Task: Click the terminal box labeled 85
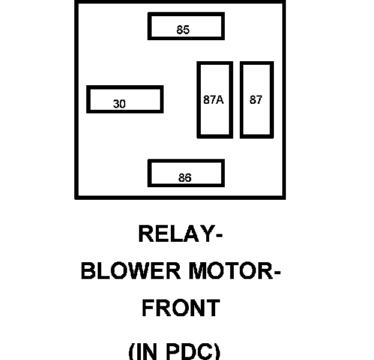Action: (186, 26)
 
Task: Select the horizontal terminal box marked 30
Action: (125, 99)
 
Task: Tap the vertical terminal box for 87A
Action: (215, 100)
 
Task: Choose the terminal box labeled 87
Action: (257, 100)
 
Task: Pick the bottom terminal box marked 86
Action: (186, 173)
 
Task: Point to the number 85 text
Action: (183, 30)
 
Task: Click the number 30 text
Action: (119, 104)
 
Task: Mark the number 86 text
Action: (185, 178)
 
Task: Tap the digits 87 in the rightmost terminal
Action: (256, 100)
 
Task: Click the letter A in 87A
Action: (219, 100)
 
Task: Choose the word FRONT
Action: (180, 308)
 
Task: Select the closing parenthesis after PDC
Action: (217, 351)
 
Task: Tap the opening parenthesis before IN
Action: (133, 351)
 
